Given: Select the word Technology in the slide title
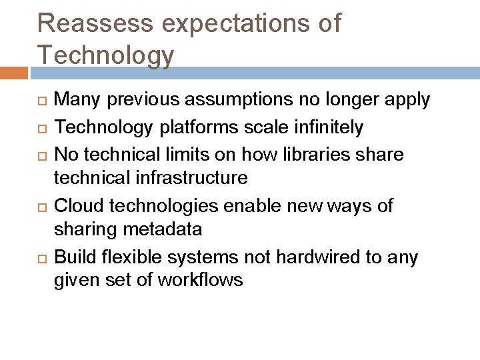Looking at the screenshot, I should coord(106,55).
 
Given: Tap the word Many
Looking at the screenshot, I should coord(74,101).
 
